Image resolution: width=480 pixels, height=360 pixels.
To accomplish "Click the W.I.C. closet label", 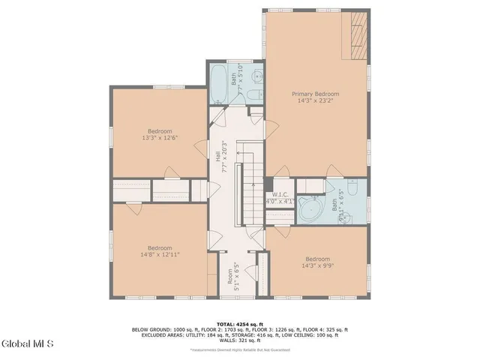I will (282, 198).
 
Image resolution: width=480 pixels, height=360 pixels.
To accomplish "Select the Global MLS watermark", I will (28, 344).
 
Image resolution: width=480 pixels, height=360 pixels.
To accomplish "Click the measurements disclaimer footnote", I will (240, 349).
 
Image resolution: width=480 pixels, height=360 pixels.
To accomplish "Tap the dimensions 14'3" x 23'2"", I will (315, 101).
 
